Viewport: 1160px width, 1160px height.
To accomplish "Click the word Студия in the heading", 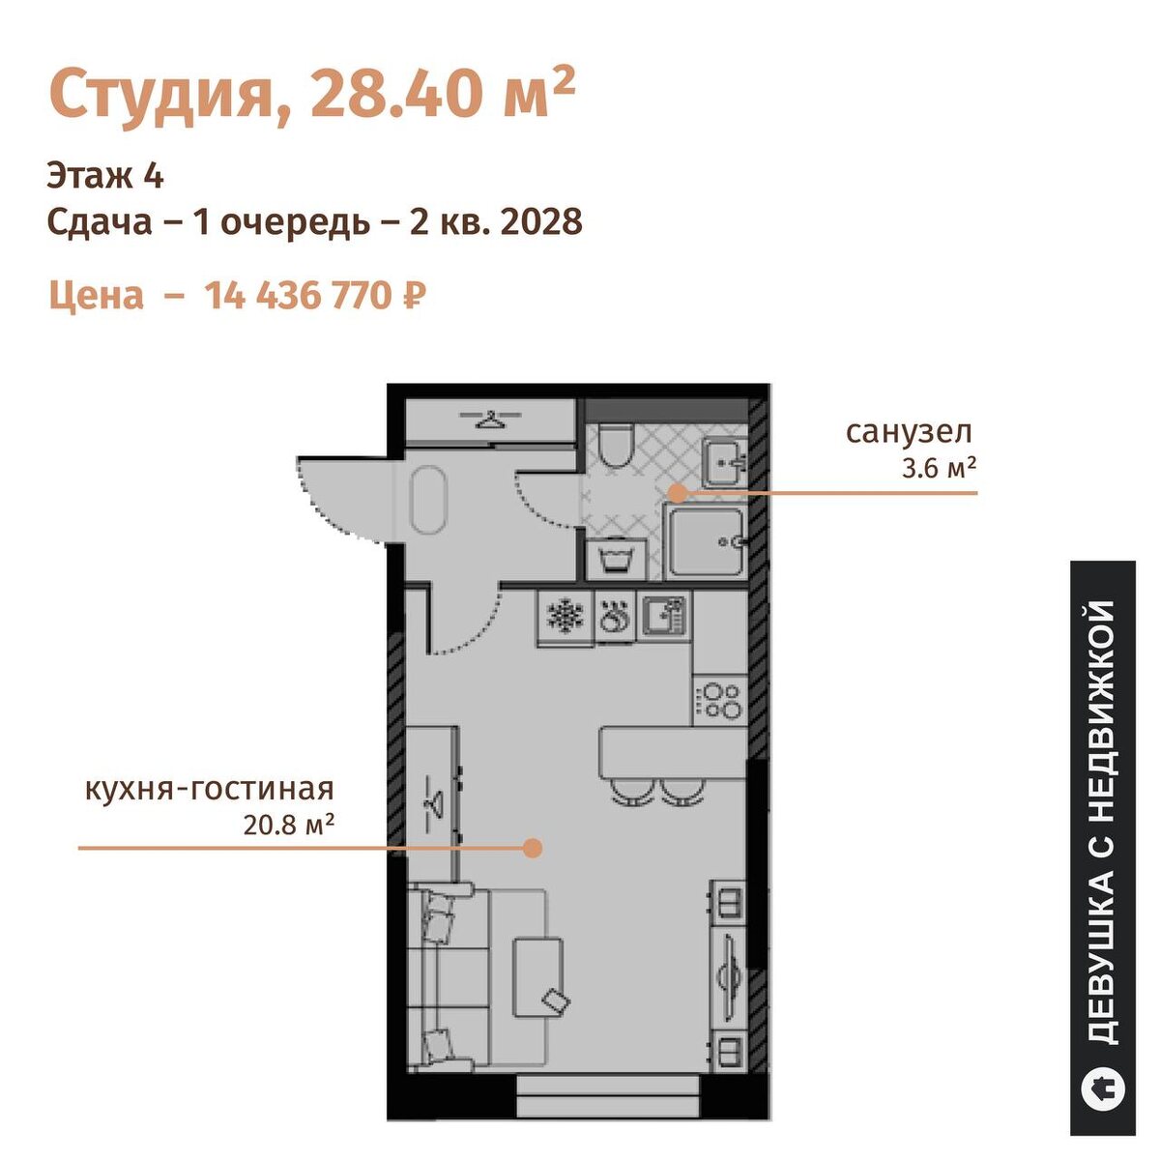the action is coord(160,96).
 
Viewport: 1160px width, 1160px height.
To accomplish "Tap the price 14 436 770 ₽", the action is coord(315,296).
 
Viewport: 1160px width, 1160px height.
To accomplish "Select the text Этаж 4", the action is coord(105,177).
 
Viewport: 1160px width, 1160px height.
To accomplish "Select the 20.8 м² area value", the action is coord(288,826).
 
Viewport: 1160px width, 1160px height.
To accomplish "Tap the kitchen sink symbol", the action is coord(664,616).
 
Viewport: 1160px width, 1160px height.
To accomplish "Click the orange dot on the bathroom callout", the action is coord(678,492).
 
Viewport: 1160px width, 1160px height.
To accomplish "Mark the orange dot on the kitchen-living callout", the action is coord(532,848).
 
